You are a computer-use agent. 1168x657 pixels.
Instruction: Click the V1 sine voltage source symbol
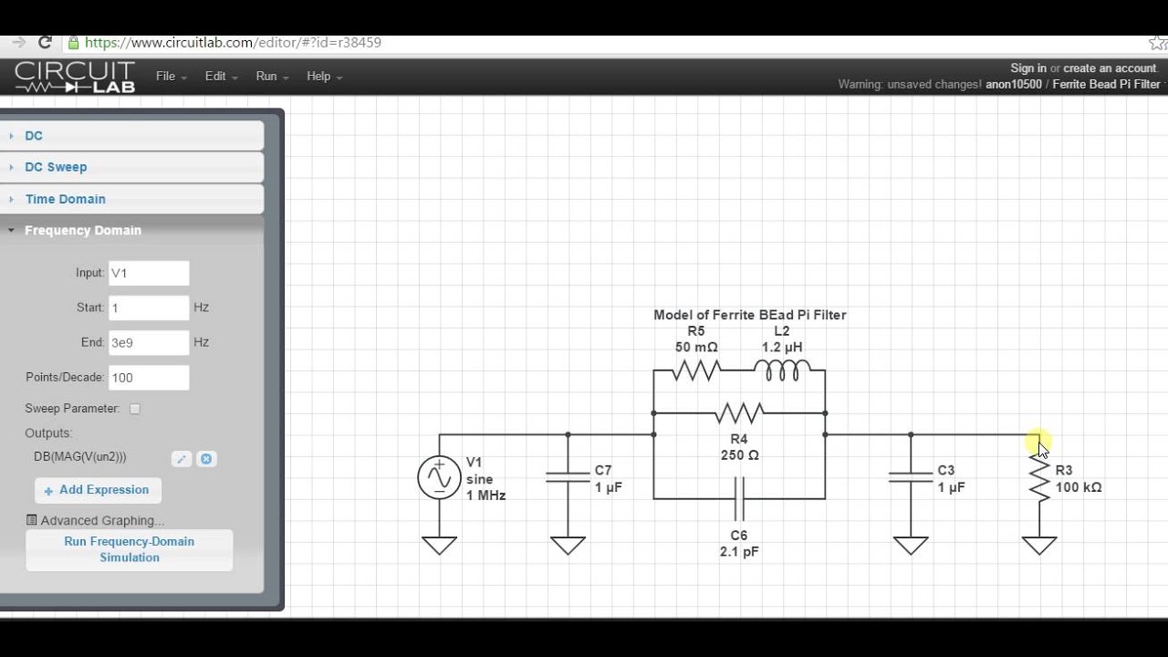click(x=439, y=477)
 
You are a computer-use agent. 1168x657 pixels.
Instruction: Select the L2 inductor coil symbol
click(x=782, y=370)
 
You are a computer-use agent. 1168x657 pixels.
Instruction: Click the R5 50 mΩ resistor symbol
click(x=696, y=370)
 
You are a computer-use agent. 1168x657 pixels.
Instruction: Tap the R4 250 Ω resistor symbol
click(x=739, y=413)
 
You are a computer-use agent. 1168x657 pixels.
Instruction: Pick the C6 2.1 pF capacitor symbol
click(x=739, y=498)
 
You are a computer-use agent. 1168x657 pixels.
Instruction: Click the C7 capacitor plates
click(x=568, y=477)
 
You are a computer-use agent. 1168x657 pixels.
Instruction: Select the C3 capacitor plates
click(x=911, y=477)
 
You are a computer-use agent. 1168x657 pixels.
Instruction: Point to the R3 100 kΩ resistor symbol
click(x=1039, y=477)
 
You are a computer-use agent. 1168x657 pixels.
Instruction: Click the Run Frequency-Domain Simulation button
click(x=130, y=549)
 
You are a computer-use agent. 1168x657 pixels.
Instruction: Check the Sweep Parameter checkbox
click(x=135, y=409)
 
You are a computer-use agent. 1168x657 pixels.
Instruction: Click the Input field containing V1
click(x=149, y=273)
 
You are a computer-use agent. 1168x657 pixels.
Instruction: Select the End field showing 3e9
click(x=149, y=342)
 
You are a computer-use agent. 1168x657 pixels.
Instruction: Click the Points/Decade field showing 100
click(x=149, y=378)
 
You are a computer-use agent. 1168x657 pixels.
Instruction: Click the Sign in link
click(x=1028, y=68)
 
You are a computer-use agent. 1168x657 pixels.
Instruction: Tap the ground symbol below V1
click(x=439, y=546)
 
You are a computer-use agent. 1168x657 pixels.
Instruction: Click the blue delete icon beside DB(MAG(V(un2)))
click(x=206, y=459)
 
